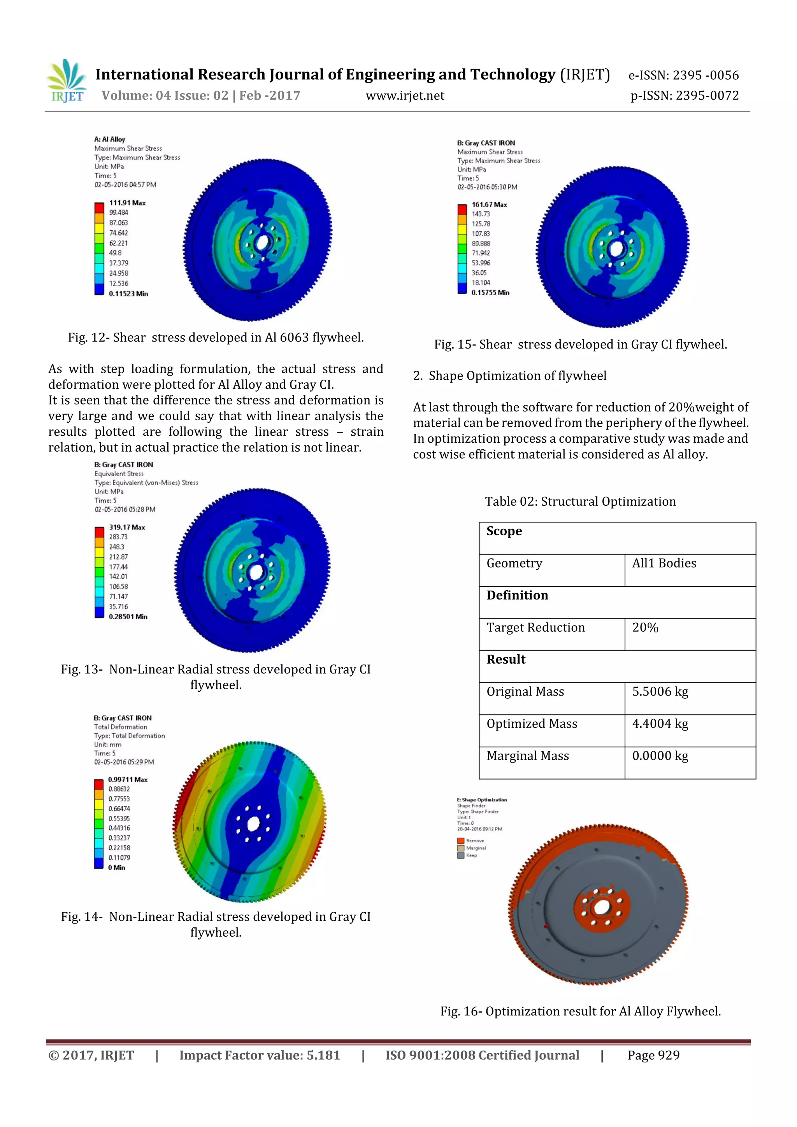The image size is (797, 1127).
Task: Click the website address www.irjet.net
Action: tap(405, 96)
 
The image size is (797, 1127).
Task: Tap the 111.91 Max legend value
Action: tap(127, 203)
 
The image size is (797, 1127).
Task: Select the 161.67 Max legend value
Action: tap(489, 204)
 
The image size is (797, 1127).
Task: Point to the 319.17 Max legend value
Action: tap(127, 527)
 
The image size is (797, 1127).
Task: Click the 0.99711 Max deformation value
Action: tap(128, 780)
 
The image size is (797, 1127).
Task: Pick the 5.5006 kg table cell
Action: tap(660, 692)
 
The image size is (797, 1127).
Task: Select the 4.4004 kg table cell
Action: tap(660, 724)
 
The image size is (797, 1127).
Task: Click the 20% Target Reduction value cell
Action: tap(645, 627)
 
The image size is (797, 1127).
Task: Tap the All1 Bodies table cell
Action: tap(664, 563)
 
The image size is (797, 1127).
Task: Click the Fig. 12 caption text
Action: tap(216, 338)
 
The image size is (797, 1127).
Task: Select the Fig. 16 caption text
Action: tap(580, 1011)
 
